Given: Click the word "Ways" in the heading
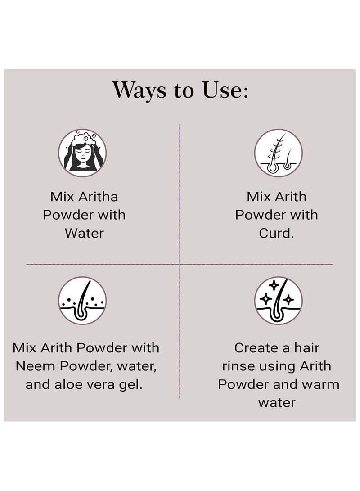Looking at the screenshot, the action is point(139,90).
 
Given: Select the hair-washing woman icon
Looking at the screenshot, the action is point(82,153).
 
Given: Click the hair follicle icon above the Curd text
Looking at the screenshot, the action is point(278,153).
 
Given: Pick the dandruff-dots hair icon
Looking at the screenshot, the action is point(82,300).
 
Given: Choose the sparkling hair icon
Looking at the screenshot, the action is point(278,300).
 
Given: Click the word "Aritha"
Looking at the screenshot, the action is point(98,197).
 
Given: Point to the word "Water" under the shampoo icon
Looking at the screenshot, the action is point(84,233).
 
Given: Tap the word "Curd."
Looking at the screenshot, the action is point(276,233).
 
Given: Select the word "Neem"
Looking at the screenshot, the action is point(36,366).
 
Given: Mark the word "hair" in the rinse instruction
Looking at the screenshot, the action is point(307,348).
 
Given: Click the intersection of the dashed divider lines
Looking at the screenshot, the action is point(180,264).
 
